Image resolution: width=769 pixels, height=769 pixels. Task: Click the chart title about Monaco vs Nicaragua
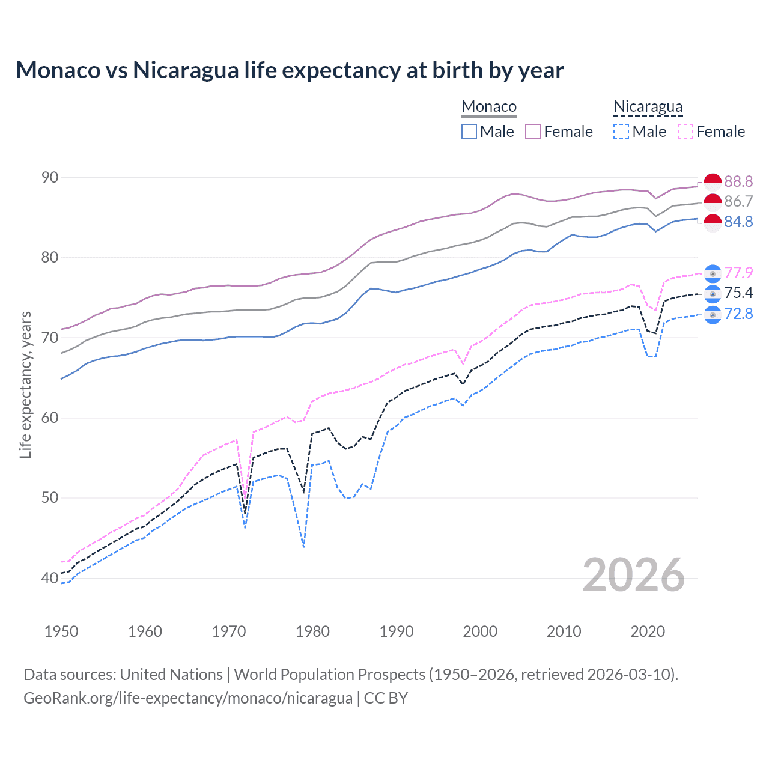290,70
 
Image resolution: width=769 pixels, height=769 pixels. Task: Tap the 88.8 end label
738,181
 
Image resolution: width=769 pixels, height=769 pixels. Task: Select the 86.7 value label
738,201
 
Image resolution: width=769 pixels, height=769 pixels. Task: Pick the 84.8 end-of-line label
738,222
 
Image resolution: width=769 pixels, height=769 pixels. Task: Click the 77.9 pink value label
738,273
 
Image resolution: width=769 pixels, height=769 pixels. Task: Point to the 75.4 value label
738,293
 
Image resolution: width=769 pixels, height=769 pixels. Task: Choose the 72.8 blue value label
738,314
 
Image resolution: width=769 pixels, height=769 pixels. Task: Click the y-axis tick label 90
50,177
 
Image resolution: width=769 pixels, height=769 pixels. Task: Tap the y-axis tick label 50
50,497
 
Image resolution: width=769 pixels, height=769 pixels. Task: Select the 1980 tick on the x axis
312,631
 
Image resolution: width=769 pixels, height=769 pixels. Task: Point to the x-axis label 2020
648,631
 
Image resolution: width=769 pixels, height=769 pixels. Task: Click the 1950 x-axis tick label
61,631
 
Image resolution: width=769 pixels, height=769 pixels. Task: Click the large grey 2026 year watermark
634,575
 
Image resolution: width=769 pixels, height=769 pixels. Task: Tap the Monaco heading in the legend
489,107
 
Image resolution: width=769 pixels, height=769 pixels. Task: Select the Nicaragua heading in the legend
648,107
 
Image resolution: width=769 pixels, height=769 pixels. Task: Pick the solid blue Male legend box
469,132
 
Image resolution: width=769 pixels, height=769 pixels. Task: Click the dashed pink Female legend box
685,132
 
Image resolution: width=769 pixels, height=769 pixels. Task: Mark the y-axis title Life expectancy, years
25,384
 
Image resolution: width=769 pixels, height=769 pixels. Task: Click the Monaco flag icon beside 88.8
713,181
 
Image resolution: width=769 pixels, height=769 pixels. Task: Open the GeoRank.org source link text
188,698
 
